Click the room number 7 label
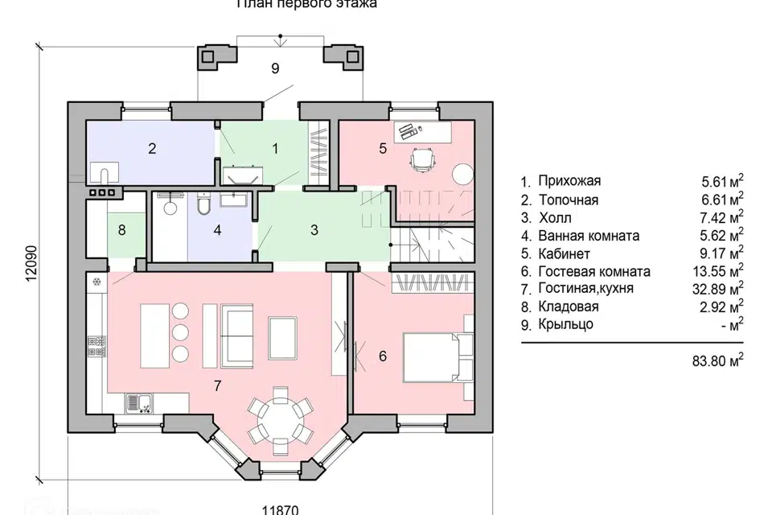[216, 386]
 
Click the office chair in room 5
[422, 159]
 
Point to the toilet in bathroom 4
[204, 207]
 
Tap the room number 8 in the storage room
[121, 230]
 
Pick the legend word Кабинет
[562, 253]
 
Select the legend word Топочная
[568, 200]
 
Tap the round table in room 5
[461, 174]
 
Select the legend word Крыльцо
[565, 324]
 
